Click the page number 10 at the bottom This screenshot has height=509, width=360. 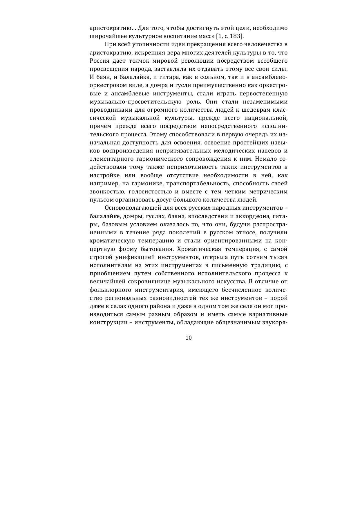point(189,338)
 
